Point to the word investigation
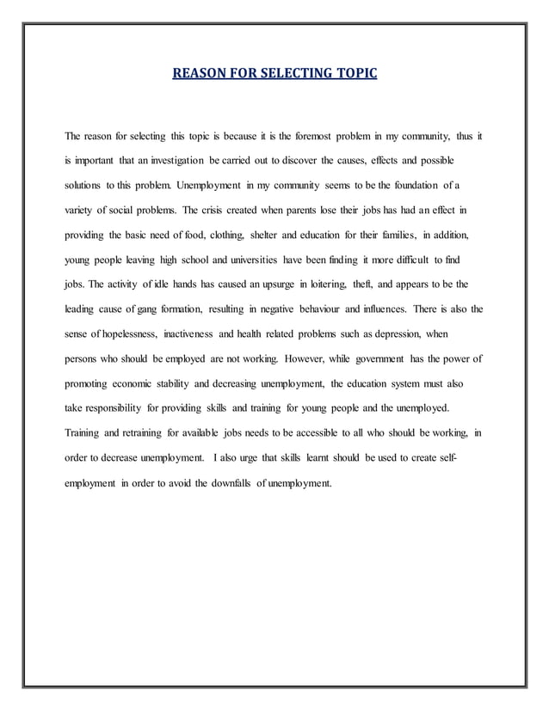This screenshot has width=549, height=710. (171, 162)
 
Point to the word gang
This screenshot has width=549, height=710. (147, 308)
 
